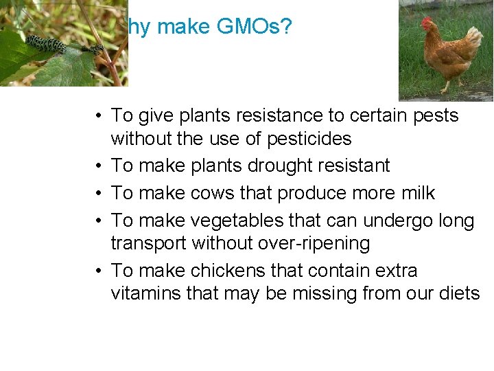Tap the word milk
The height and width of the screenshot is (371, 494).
pos(417,194)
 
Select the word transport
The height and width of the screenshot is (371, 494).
pos(148,244)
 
